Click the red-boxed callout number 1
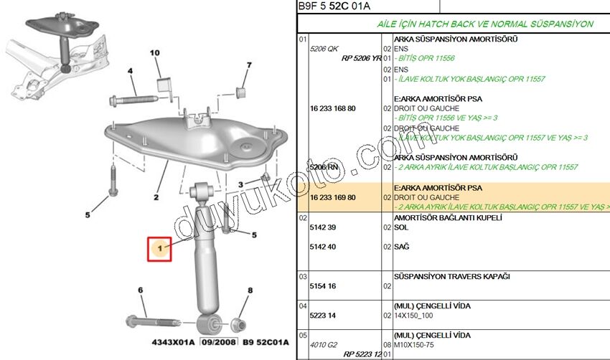(160, 249)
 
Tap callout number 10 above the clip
(156, 54)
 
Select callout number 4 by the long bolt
(131, 71)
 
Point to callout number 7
(249, 66)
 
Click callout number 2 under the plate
(156, 196)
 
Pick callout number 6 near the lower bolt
(141, 290)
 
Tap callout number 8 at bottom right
(250, 290)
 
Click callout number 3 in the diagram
(241, 185)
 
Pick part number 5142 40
(322, 246)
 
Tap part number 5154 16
(322, 285)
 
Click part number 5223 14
(322, 315)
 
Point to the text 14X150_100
(414, 315)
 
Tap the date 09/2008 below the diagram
(218, 342)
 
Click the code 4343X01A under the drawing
(172, 342)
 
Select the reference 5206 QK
(324, 48)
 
